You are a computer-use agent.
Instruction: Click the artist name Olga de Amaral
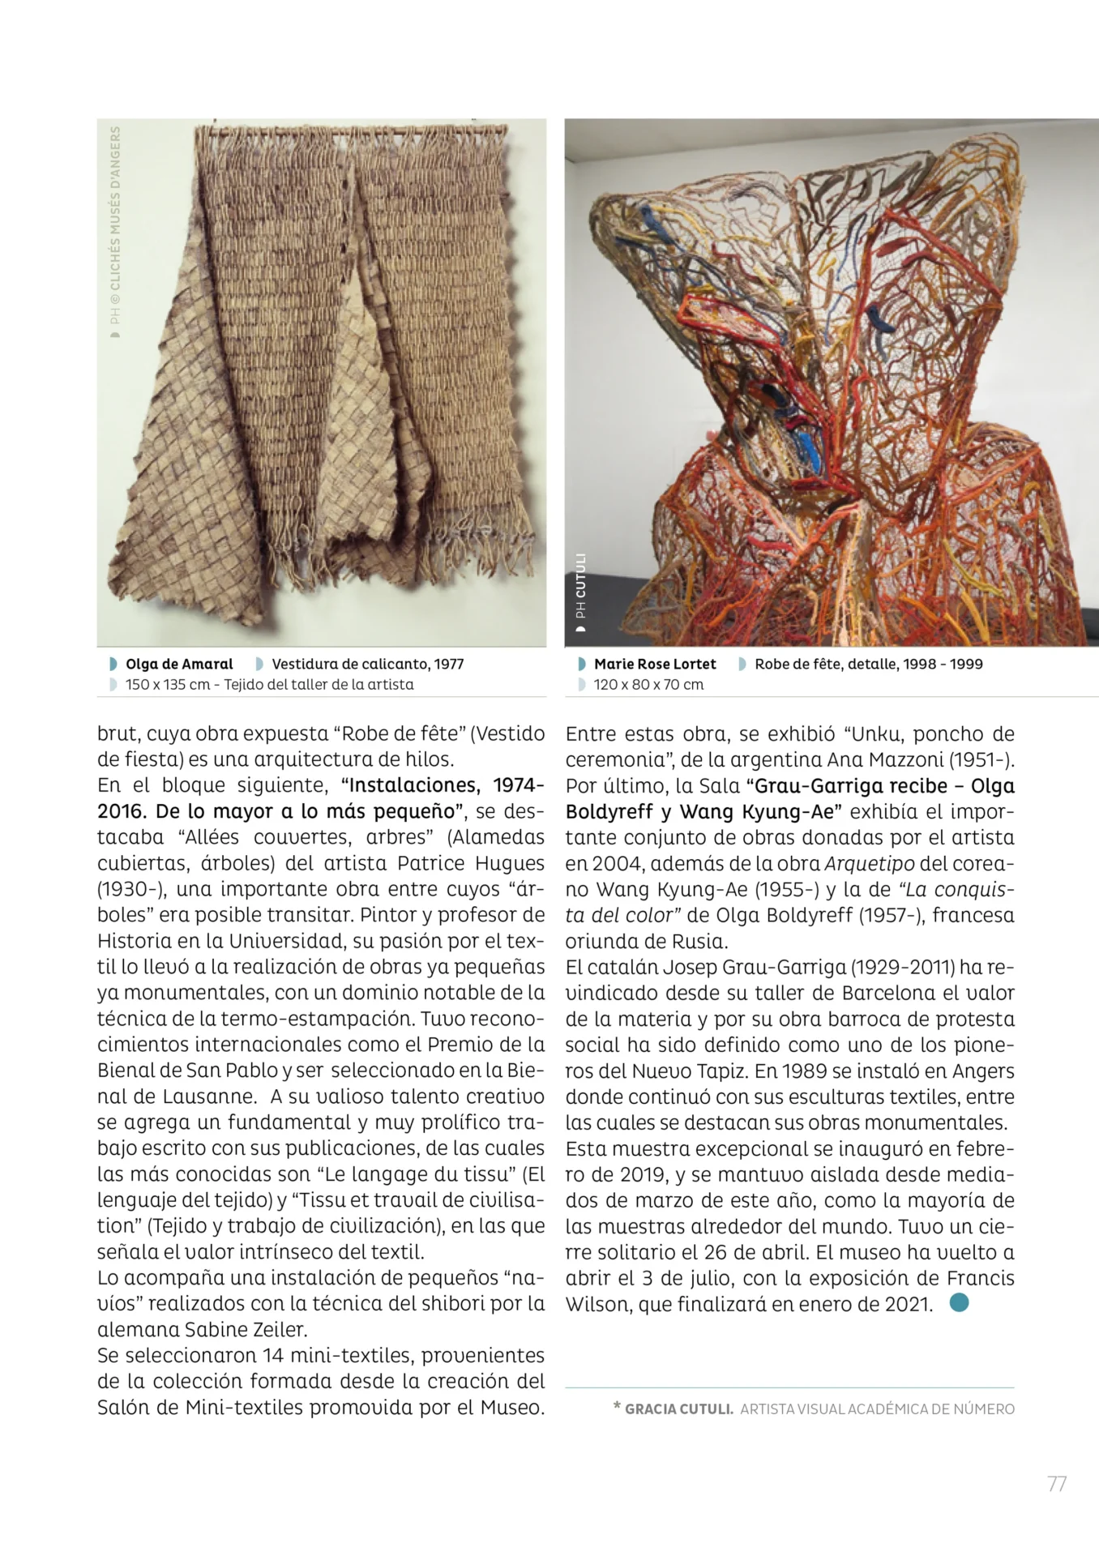(179, 664)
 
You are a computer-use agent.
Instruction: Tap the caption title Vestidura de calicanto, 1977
(367, 664)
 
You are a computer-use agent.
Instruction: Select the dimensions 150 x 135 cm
(167, 684)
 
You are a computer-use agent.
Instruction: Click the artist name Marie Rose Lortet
(655, 664)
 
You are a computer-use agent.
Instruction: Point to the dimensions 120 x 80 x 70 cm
(648, 684)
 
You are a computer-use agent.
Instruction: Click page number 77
(1056, 1484)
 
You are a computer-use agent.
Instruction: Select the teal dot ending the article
(959, 1303)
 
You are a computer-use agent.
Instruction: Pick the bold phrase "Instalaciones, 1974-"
(443, 785)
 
